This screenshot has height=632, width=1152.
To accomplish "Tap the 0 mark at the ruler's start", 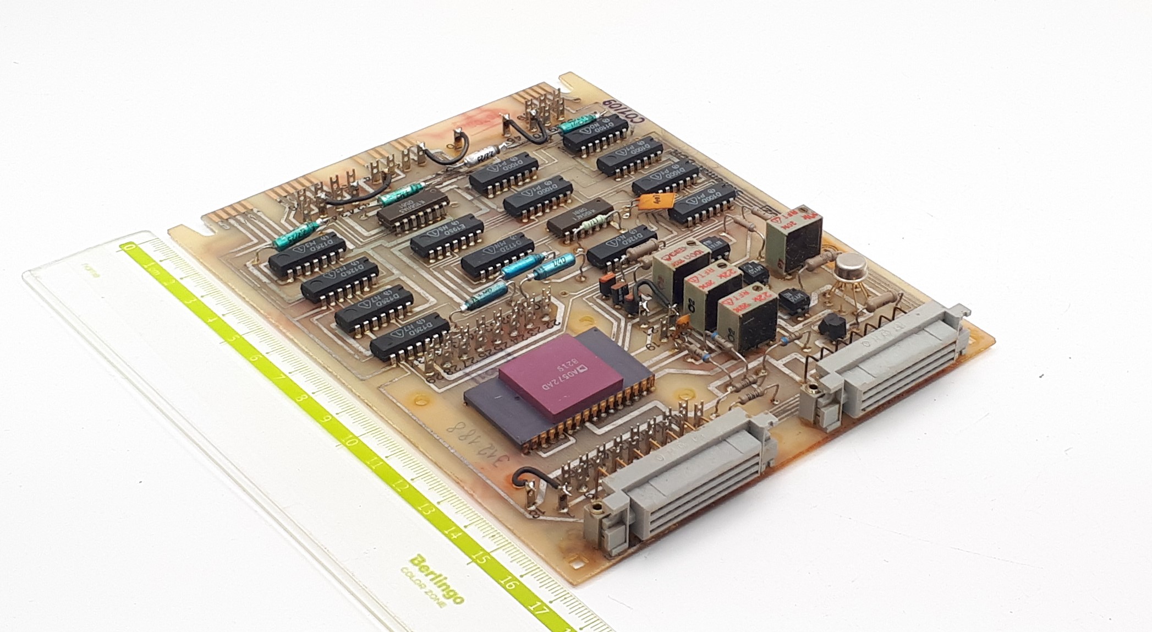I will click(x=130, y=248).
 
